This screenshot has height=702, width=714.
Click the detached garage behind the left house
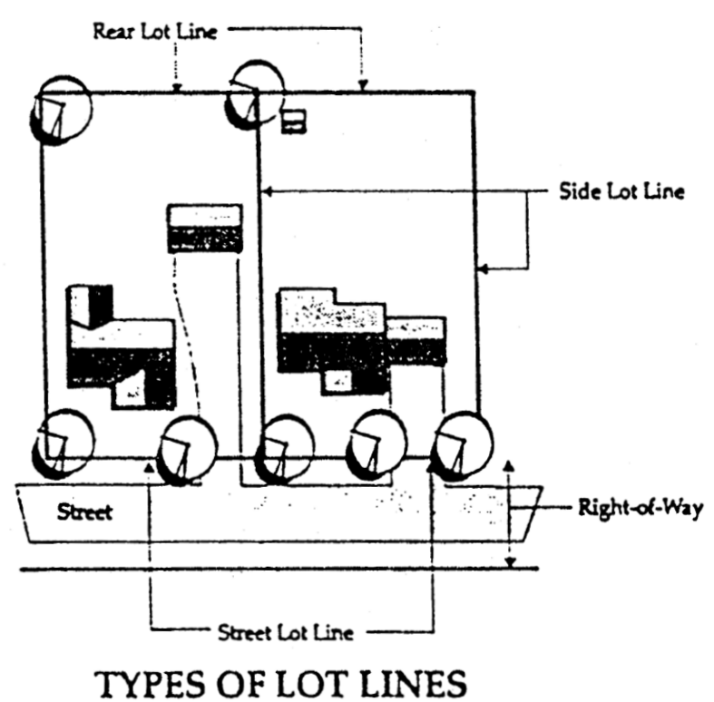tap(204, 227)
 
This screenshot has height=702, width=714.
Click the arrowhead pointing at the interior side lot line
tap(265, 191)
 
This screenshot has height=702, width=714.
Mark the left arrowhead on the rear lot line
tap(177, 88)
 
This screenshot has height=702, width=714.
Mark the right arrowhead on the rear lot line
tap(363, 88)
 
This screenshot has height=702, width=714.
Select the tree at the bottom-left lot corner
tap(62, 442)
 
